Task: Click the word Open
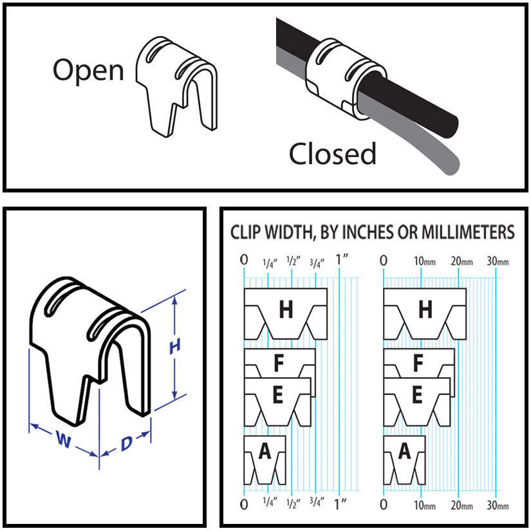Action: tap(88, 70)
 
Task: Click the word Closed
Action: tap(332, 154)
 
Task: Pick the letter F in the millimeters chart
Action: tap(418, 364)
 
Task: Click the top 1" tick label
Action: tap(342, 260)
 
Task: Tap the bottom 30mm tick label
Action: tap(498, 505)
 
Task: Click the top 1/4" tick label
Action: tap(270, 261)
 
